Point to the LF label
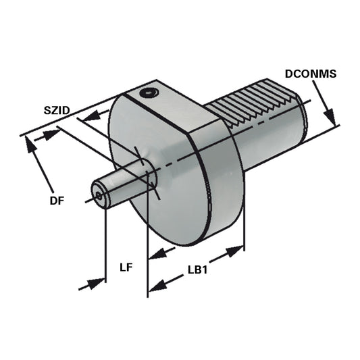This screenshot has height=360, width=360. [x=126, y=267]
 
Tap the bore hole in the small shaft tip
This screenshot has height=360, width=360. [x=100, y=197]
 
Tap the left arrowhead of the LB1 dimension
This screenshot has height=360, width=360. [x=157, y=286]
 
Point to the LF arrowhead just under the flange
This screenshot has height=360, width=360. [x=157, y=255]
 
